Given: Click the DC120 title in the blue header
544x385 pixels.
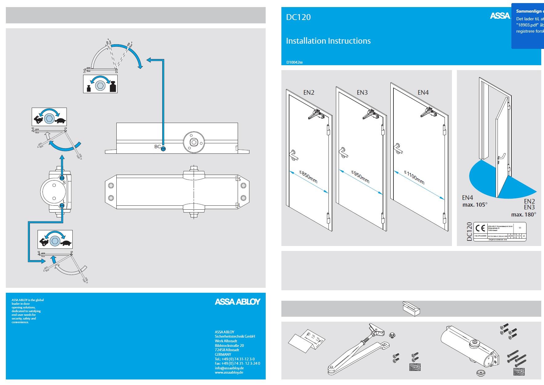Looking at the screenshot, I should pos(298,17).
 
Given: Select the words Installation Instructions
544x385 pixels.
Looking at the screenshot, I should pos(328,41).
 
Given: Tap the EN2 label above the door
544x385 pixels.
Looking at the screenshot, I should pos(308,93).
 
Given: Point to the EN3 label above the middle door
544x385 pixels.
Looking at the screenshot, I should pos(362,93).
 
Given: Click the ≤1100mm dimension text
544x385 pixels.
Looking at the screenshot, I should pos(414,177).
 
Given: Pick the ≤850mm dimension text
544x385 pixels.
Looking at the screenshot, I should pos(308,177).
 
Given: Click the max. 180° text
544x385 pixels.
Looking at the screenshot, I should pos(523,215).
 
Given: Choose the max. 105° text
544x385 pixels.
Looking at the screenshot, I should pos(475,205).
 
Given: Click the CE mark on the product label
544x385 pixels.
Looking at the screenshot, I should pos(480,228).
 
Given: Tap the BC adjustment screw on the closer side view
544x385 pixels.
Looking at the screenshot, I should pos(163,148).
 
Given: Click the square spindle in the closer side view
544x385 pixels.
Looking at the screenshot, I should pos(193,142).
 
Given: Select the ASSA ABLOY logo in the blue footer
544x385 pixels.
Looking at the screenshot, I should pos(237,302).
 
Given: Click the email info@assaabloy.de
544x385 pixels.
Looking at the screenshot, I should pos(229,368).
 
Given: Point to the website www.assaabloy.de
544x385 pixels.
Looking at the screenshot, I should pos(229,372).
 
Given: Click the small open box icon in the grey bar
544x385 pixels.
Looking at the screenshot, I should pos(411,308).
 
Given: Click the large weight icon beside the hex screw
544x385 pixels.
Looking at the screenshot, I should pos(113,86).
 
